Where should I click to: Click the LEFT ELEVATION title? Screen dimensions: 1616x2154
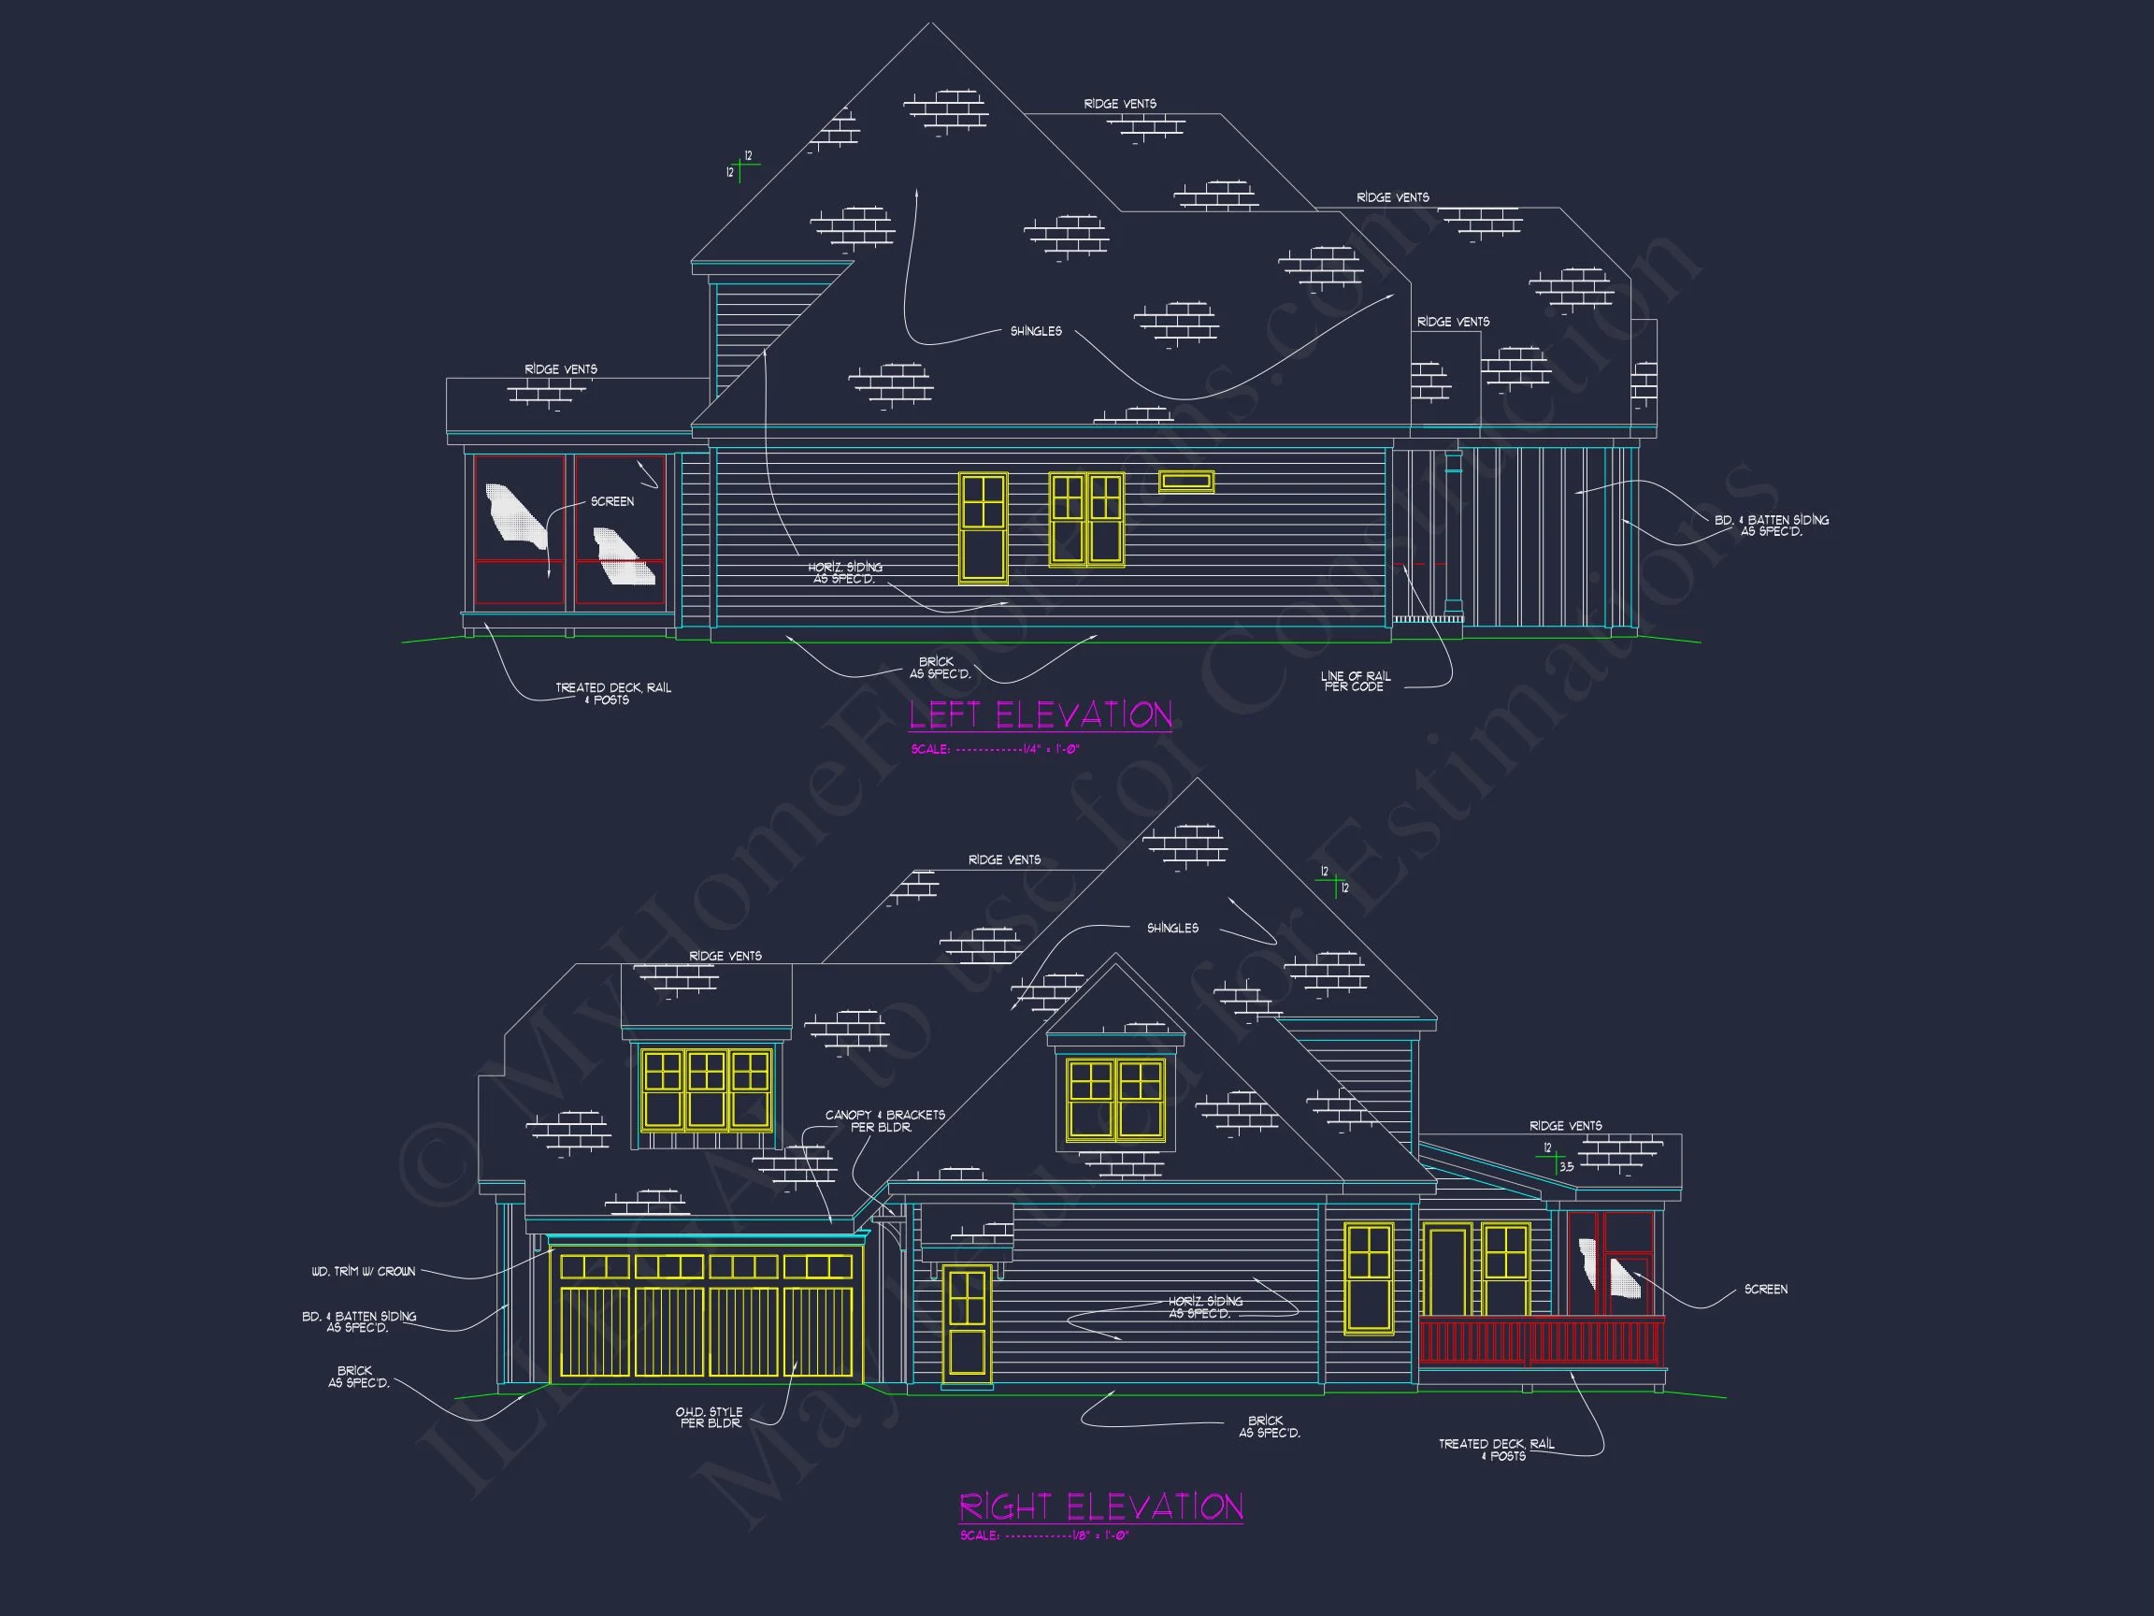pos(1040,716)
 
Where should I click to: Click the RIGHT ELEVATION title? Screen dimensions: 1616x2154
pos(1100,1507)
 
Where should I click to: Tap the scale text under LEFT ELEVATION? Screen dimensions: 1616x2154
pos(994,749)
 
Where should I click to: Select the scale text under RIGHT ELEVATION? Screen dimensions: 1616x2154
pos(1044,1537)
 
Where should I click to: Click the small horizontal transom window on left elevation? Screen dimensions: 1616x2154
pos(1185,482)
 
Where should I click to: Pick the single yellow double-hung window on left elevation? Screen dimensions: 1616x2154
pos(984,527)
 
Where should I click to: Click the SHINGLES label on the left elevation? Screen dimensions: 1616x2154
pos(1035,332)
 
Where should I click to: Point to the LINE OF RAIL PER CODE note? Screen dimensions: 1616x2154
pos(1355,681)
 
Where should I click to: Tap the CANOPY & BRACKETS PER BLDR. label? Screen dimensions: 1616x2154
pos(884,1121)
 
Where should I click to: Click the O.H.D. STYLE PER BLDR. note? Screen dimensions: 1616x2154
pos(709,1418)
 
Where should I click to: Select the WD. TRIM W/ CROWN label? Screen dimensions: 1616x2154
pos(364,1271)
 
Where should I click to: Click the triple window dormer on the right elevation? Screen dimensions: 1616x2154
pos(706,1089)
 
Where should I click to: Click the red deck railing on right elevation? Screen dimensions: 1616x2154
pos(1542,1341)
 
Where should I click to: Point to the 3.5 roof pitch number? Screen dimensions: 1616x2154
pos(1566,1167)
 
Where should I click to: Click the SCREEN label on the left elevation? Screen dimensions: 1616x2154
pos(611,501)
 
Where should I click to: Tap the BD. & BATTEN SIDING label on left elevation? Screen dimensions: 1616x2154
pos(1772,526)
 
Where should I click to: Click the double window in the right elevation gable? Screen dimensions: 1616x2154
pos(1115,1099)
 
